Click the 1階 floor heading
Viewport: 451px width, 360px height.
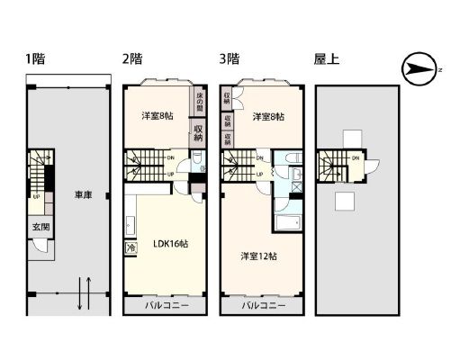(x=35, y=60)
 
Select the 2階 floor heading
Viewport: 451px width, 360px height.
(x=131, y=60)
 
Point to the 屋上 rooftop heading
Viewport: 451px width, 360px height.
(x=326, y=60)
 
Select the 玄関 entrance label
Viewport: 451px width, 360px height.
(x=41, y=227)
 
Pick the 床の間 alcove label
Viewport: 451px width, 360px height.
(x=198, y=102)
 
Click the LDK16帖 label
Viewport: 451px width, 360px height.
(x=169, y=243)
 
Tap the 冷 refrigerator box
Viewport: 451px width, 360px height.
(x=131, y=247)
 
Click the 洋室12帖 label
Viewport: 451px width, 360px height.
(x=258, y=256)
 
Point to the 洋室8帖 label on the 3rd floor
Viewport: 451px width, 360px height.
(x=268, y=117)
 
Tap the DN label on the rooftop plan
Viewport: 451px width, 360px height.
(x=356, y=159)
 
